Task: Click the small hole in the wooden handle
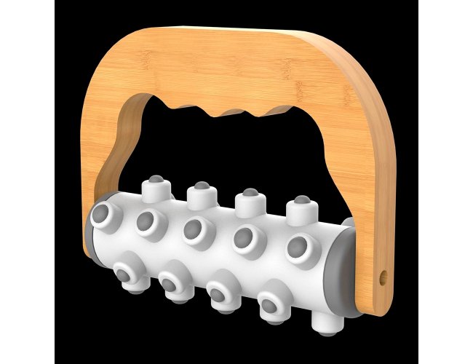point(383,277)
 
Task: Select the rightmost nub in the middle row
point(297,248)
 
